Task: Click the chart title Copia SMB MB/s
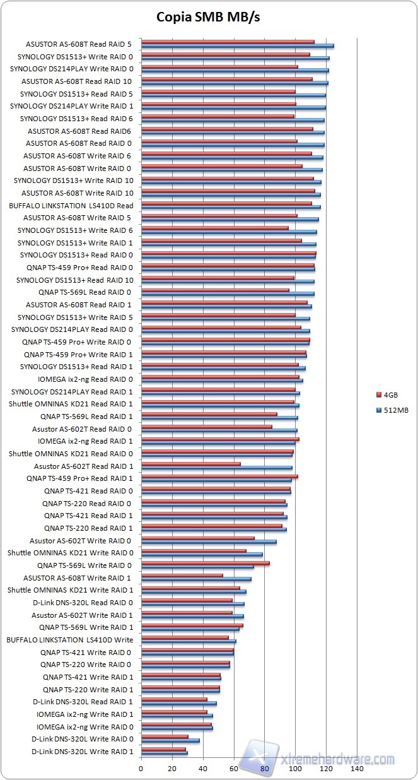pos(208,17)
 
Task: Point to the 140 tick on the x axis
pos(357,769)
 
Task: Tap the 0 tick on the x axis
pos(141,769)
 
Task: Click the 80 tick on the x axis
pos(264,769)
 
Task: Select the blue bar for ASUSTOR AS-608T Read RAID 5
pos(237,46)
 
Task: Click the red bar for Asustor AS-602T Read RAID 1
pos(191,464)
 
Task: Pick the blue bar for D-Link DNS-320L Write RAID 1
pos(165,753)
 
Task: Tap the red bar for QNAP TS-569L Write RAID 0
pos(205,563)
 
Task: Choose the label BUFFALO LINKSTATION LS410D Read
pos(71,206)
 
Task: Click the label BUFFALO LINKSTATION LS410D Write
pos(70,640)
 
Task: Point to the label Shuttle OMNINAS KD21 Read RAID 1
pos(71,404)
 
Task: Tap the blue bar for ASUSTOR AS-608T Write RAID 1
pos(196,579)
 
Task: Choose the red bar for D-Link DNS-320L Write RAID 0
pos(165,736)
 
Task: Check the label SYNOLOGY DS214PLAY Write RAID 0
pos(72,69)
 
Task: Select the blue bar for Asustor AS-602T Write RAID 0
pos(209,542)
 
